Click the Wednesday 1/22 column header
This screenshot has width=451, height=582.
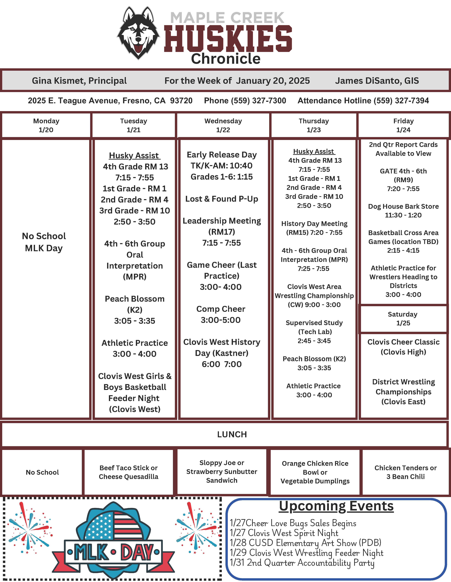(223, 125)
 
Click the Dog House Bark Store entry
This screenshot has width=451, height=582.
(403, 211)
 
